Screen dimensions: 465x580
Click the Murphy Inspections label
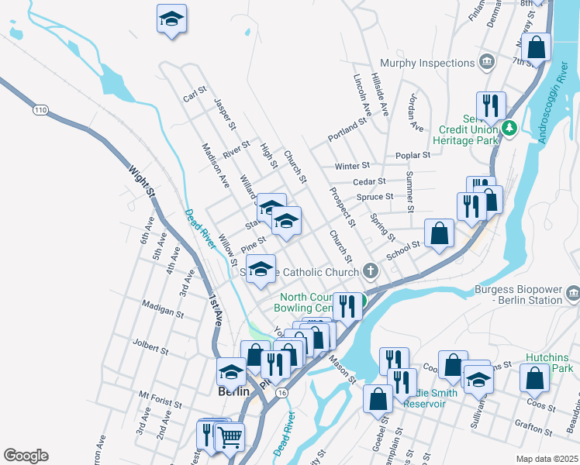426,62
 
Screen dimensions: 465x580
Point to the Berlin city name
233,391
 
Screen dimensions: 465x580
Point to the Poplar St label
413,156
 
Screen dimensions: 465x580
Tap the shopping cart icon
230,436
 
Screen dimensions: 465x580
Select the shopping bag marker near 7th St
537,46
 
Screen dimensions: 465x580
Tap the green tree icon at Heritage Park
509,128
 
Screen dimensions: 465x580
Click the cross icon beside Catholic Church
371,271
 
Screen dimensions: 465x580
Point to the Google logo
25,456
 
